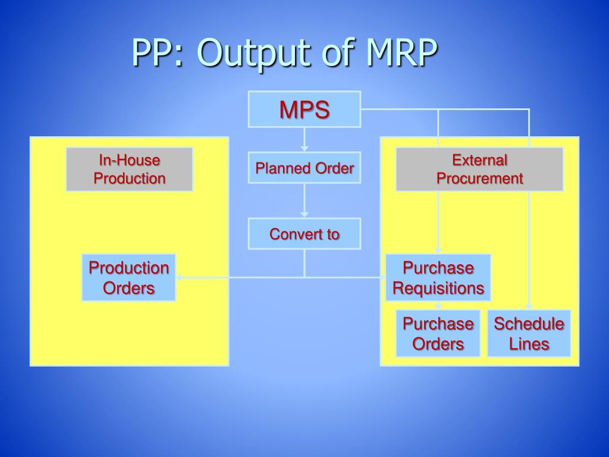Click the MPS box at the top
pos(304,109)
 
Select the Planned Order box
pos(304,168)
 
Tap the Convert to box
pos(304,233)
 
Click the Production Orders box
pos(128,278)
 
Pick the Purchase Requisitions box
pos(438,278)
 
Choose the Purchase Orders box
pos(438,333)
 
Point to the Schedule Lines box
pos(529,333)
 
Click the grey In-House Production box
pos(129,169)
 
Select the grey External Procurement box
pos(479,169)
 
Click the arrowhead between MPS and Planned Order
pos(304,147)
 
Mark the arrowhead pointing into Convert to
pos(304,214)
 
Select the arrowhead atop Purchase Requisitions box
pos(438,251)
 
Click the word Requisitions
pos(438,289)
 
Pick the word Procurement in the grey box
pos(479,179)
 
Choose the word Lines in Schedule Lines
pos(529,344)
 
